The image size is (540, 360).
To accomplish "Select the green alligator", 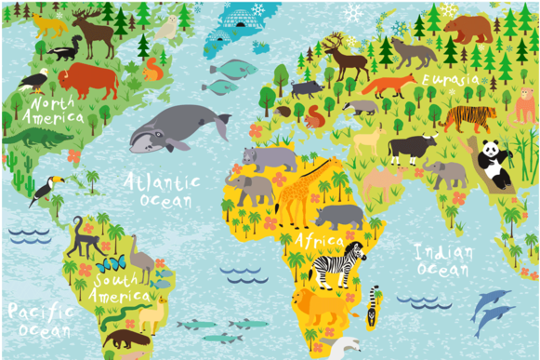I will click(37, 138).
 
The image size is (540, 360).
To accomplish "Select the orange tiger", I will click(469, 118).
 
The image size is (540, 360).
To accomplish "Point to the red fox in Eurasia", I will click(389, 86).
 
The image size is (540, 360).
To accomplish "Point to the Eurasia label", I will click(451, 80).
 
